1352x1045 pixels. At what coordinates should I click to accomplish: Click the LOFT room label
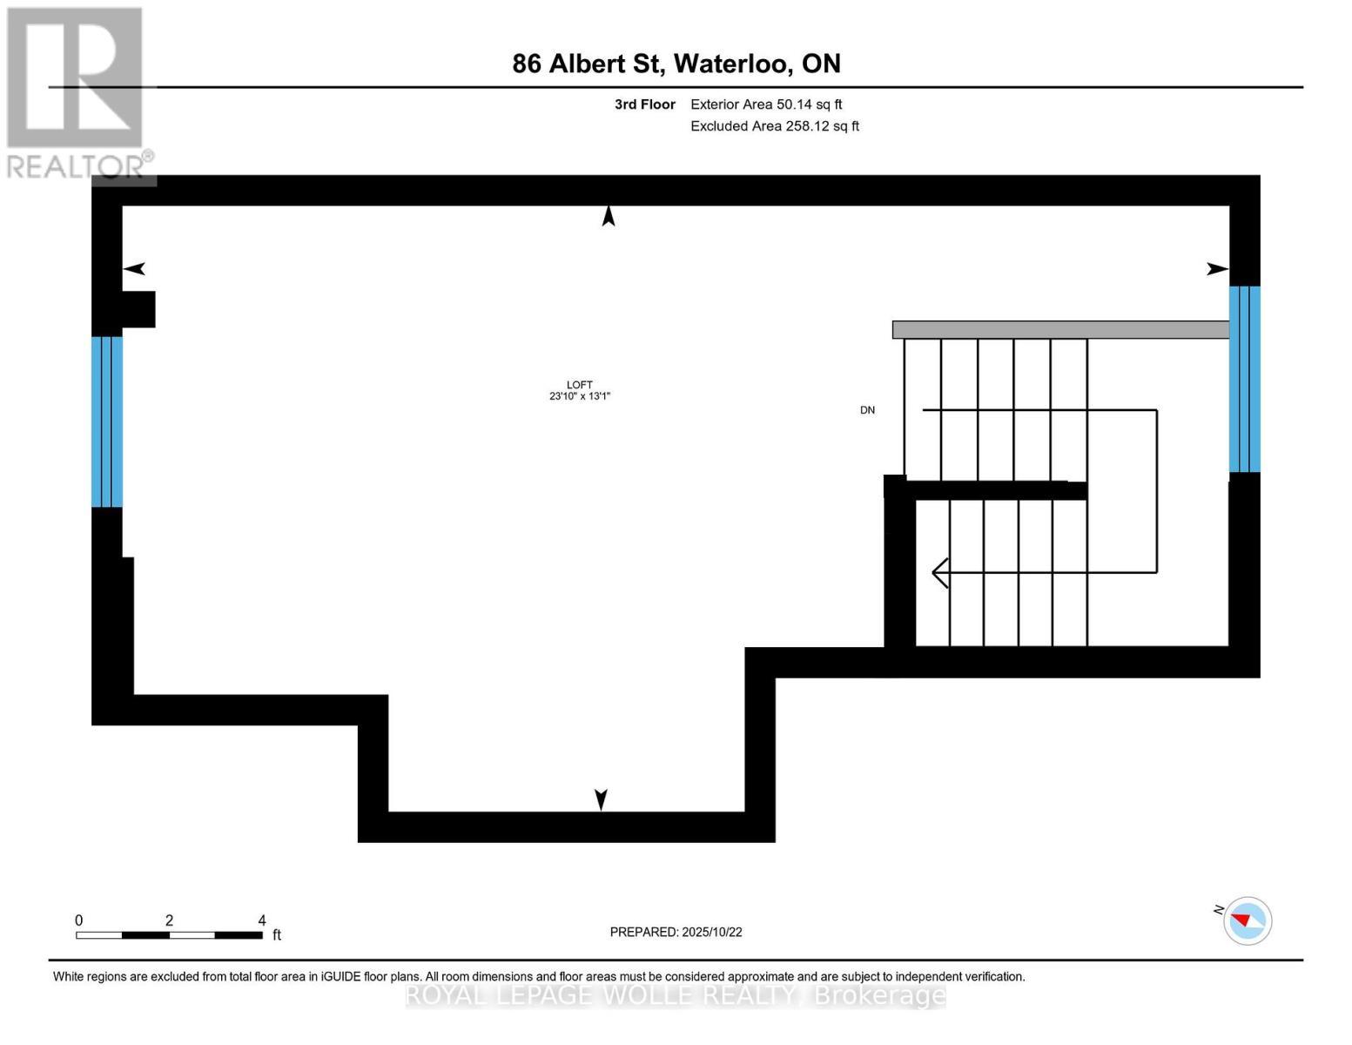(x=579, y=384)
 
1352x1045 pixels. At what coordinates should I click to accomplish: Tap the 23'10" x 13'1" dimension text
(x=579, y=396)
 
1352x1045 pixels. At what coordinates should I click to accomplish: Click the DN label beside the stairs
(x=867, y=410)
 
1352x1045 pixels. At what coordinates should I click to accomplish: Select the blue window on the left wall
(x=107, y=421)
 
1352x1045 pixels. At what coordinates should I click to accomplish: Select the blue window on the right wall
(x=1244, y=379)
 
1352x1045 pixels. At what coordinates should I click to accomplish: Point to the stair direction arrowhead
(x=940, y=573)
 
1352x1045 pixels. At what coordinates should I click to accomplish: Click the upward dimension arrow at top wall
(x=609, y=216)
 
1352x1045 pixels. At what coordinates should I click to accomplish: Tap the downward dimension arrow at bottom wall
(x=601, y=799)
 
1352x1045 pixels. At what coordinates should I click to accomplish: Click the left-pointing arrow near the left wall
(x=134, y=269)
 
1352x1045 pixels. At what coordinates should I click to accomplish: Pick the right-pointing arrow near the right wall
(x=1217, y=269)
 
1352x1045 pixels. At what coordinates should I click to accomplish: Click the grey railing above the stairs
(x=1060, y=330)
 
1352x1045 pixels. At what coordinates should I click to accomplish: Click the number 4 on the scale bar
(x=262, y=920)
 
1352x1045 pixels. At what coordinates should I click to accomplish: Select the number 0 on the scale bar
(x=79, y=920)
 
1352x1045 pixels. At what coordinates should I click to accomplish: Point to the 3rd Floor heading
(x=644, y=104)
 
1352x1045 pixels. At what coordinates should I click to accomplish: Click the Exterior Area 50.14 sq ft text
(x=766, y=104)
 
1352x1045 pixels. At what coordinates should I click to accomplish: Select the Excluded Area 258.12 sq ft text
(x=775, y=126)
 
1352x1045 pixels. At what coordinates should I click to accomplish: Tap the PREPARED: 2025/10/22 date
(x=676, y=932)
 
